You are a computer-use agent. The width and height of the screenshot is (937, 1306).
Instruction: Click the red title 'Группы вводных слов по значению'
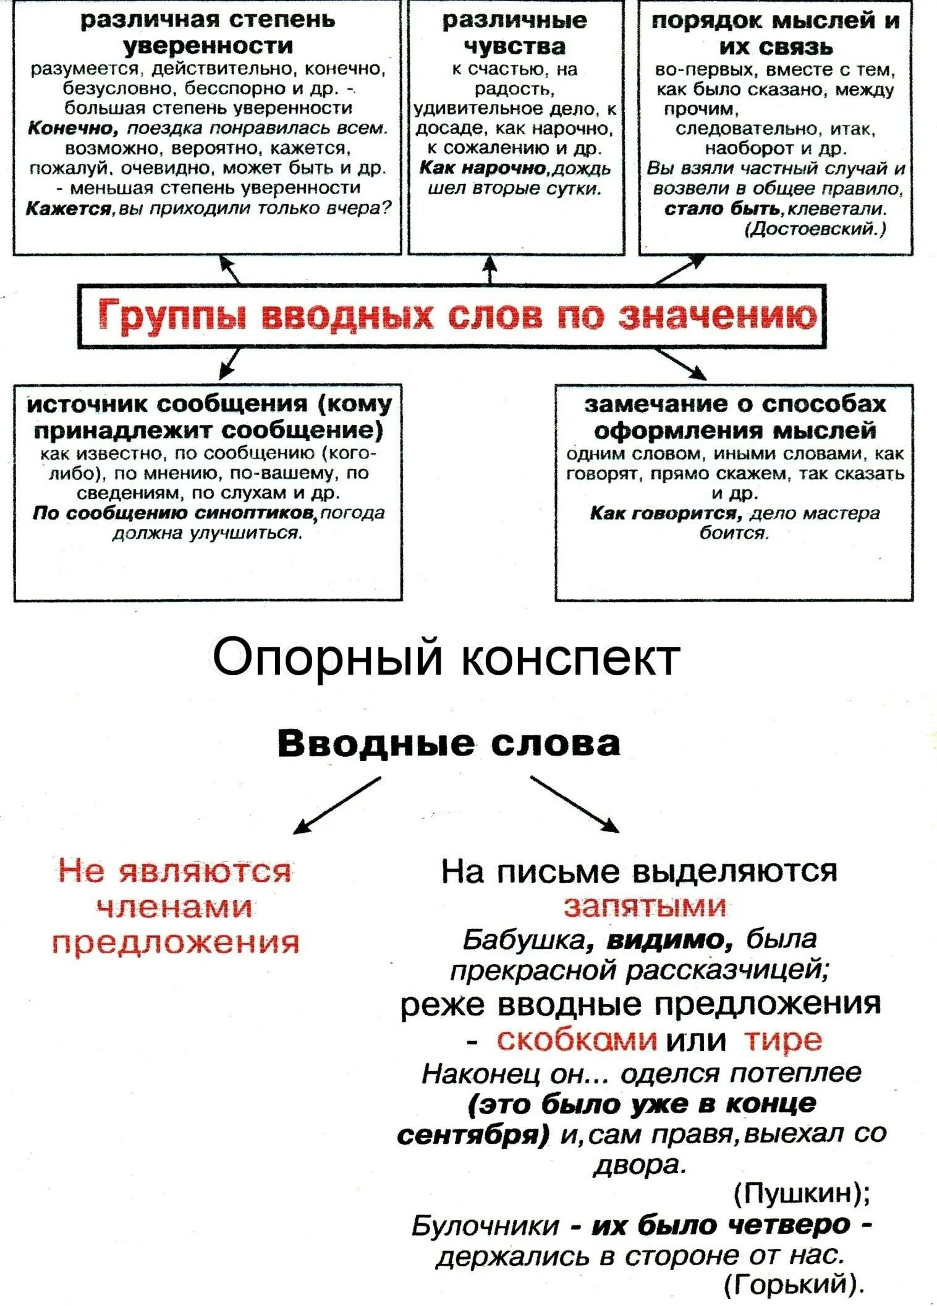(x=457, y=316)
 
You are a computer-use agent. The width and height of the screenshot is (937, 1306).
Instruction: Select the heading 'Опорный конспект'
(x=446, y=657)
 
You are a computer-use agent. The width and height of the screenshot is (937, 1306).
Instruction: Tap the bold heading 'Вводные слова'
(x=449, y=743)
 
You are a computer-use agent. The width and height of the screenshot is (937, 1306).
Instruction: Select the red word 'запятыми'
(x=645, y=906)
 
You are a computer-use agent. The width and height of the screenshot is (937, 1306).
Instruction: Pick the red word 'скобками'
(x=576, y=1040)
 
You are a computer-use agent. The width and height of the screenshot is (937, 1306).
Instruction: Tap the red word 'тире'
(x=783, y=1040)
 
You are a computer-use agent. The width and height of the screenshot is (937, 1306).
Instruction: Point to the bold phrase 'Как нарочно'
(x=481, y=169)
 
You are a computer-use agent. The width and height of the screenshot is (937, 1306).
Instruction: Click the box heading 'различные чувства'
(x=515, y=33)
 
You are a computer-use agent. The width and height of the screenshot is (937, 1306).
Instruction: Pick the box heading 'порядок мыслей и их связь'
(x=776, y=33)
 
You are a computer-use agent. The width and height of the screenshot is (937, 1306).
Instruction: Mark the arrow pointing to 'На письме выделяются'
(x=575, y=806)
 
